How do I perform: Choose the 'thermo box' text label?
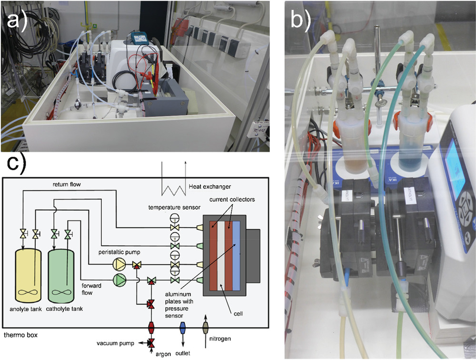coord(20,335)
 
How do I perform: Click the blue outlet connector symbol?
coord(182,329)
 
